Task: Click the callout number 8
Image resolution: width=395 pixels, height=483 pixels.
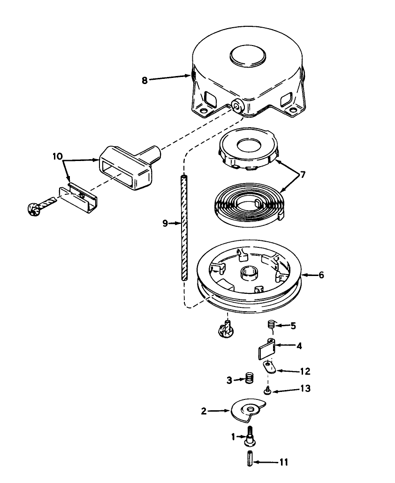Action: coord(144,80)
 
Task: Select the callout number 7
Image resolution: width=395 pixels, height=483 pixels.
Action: coord(303,175)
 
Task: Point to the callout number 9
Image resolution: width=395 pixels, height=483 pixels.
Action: coord(165,223)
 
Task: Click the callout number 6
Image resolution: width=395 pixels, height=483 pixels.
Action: coord(321,275)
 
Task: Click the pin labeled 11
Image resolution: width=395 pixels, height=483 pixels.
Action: coord(250,458)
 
